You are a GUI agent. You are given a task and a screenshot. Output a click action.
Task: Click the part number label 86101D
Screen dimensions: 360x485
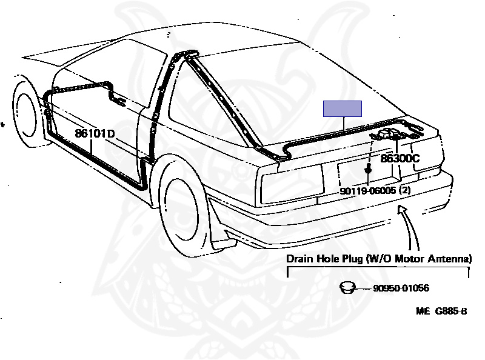[95, 133]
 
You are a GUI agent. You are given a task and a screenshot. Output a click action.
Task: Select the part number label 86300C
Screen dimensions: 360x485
[400, 159]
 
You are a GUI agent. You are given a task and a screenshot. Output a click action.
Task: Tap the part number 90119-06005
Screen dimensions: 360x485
[367, 190]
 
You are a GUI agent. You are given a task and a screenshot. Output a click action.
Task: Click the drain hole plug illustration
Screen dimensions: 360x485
[347, 287]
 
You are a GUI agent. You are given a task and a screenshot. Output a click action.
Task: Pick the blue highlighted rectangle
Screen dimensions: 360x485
[343, 108]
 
